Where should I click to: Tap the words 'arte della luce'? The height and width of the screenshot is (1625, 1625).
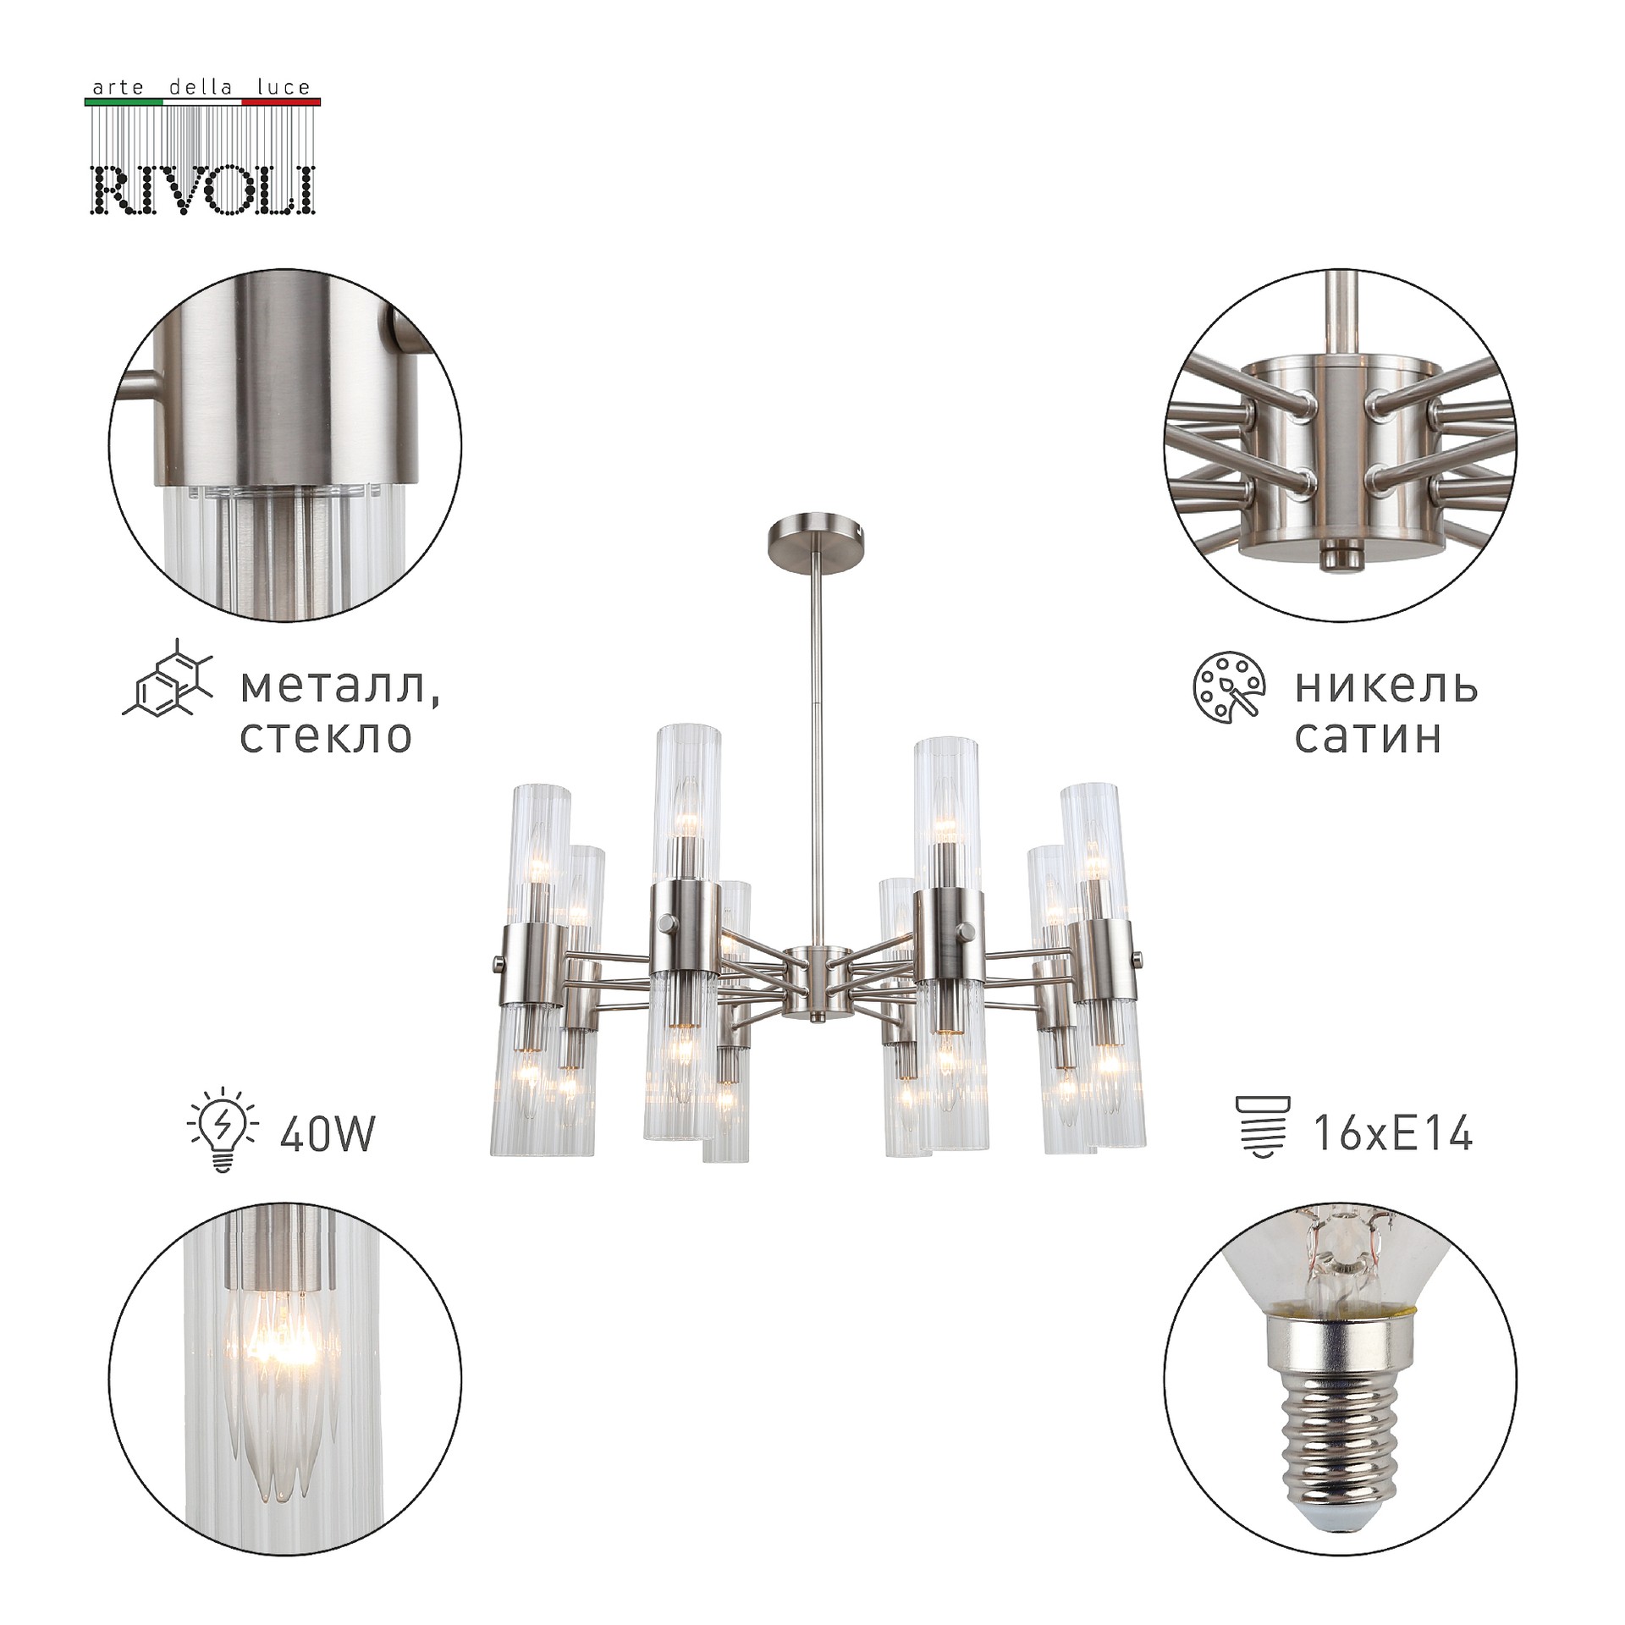pos(201,87)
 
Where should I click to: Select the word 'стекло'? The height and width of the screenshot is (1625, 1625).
pos(326,736)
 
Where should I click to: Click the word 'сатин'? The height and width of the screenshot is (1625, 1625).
pos(1368,736)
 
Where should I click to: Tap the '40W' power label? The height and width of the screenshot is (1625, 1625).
pos(327,1134)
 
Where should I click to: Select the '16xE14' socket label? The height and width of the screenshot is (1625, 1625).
pos(1393,1132)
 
